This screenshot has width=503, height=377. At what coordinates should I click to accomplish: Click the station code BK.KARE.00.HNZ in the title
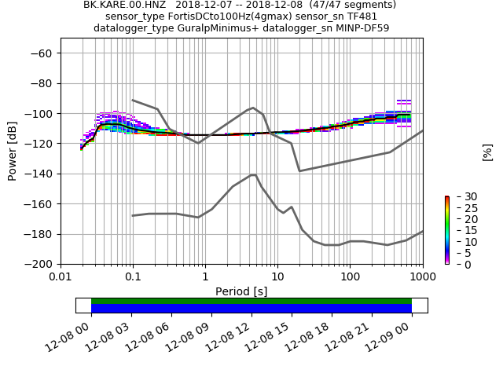coord(121,5)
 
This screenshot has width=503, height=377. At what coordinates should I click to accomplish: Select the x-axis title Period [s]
coord(241,291)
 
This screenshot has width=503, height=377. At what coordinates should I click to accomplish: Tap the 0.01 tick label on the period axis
coord(61,276)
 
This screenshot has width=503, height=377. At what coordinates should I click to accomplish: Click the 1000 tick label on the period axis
coord(422,276)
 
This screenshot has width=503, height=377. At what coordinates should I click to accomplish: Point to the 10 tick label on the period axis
coord(277,276)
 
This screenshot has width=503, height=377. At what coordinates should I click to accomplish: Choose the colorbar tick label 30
coord(461,196)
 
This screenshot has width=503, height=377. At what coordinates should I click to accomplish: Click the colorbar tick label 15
coord(461,230)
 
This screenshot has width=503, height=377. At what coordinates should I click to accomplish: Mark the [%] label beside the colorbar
coord(487,152)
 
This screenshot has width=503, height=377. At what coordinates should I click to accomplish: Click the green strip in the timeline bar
coord(251,301)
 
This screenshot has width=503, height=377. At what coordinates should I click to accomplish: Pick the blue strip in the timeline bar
coord(251,309)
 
